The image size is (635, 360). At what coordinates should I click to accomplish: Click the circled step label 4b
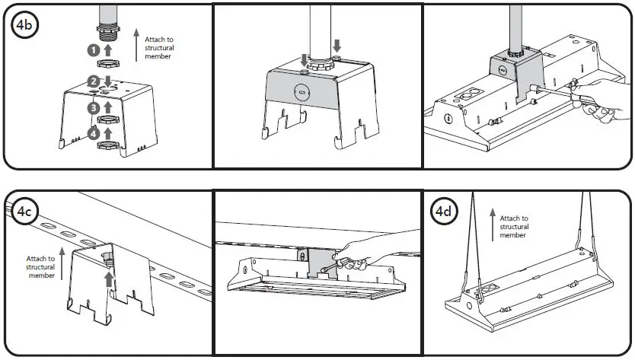pyautogui.click(x=24, y=26)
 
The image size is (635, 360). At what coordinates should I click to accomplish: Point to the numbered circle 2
pyautogui.click(x=93, y=81)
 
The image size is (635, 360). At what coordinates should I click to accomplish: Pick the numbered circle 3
pyautogui.click(x=93, y=108)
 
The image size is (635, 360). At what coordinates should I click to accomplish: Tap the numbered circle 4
pyautogui.click(x=93, y=135)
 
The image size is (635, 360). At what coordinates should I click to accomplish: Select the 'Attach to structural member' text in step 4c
pyautogui.click(x=40, y=266)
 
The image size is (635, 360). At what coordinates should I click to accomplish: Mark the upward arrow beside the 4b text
pyautogui.click(x=136, y=45)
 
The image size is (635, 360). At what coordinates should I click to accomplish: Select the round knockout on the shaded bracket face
pyautogui.click(x=299, y=91)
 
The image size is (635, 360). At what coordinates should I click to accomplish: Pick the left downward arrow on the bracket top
pyautogui.click(x=305, y=59)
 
